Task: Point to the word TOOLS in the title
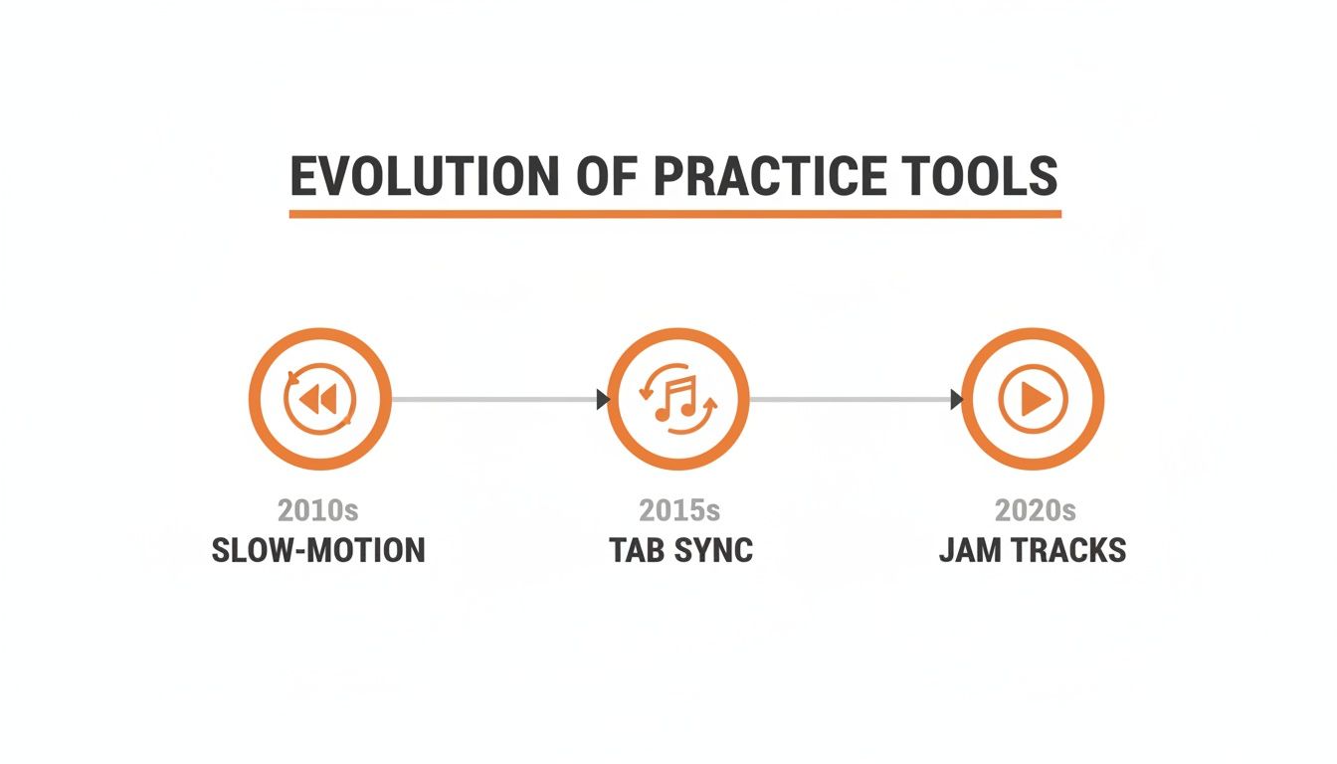point(984,176)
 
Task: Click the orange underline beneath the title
point(674,213)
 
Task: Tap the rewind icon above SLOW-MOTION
point(319,400)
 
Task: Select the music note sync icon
point(677,400)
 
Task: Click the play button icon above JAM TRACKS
point(1033,400)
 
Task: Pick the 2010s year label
point(317,510)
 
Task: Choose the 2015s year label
point(679,510)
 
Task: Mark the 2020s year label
point(1035,510)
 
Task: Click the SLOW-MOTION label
point(318,550)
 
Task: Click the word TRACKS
point(1070,550)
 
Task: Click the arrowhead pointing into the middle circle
point(603,400)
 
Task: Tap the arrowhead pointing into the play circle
point(957,400)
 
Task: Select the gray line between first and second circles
point(492,400)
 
